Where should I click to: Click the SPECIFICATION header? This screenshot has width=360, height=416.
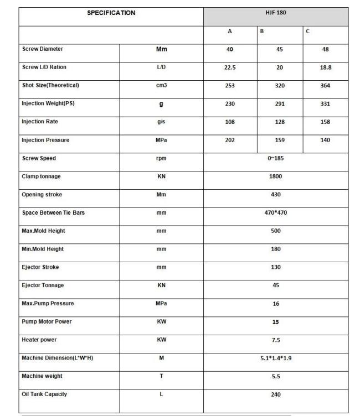pos(111,13)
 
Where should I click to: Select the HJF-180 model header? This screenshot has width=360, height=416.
pos(275,13)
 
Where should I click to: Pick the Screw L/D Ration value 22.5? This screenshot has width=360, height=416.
pos(230,67)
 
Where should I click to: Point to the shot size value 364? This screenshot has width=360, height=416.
pos(326,86)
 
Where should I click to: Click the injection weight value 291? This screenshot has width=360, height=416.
pos(279,104)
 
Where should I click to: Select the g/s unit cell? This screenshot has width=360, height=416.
pos(161,122)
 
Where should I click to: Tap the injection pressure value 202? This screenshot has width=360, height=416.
pos(230,140)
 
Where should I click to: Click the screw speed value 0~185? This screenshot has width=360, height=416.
pos(276,158)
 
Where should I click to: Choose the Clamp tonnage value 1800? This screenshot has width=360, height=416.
pos(276,176)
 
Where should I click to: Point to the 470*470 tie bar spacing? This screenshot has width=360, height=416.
pos(276,212)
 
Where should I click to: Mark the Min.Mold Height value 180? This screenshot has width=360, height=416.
pos(276,249)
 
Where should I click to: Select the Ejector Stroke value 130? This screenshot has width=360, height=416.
pos(276,267)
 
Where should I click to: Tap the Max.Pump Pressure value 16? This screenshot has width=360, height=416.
pos(276,304)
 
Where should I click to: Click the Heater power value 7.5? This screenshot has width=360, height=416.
pos(276,340)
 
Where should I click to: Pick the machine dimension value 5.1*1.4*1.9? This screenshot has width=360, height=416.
pos(276,358)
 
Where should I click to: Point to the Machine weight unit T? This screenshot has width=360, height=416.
pos(161,376)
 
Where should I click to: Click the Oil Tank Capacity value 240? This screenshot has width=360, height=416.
pos(276,394)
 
